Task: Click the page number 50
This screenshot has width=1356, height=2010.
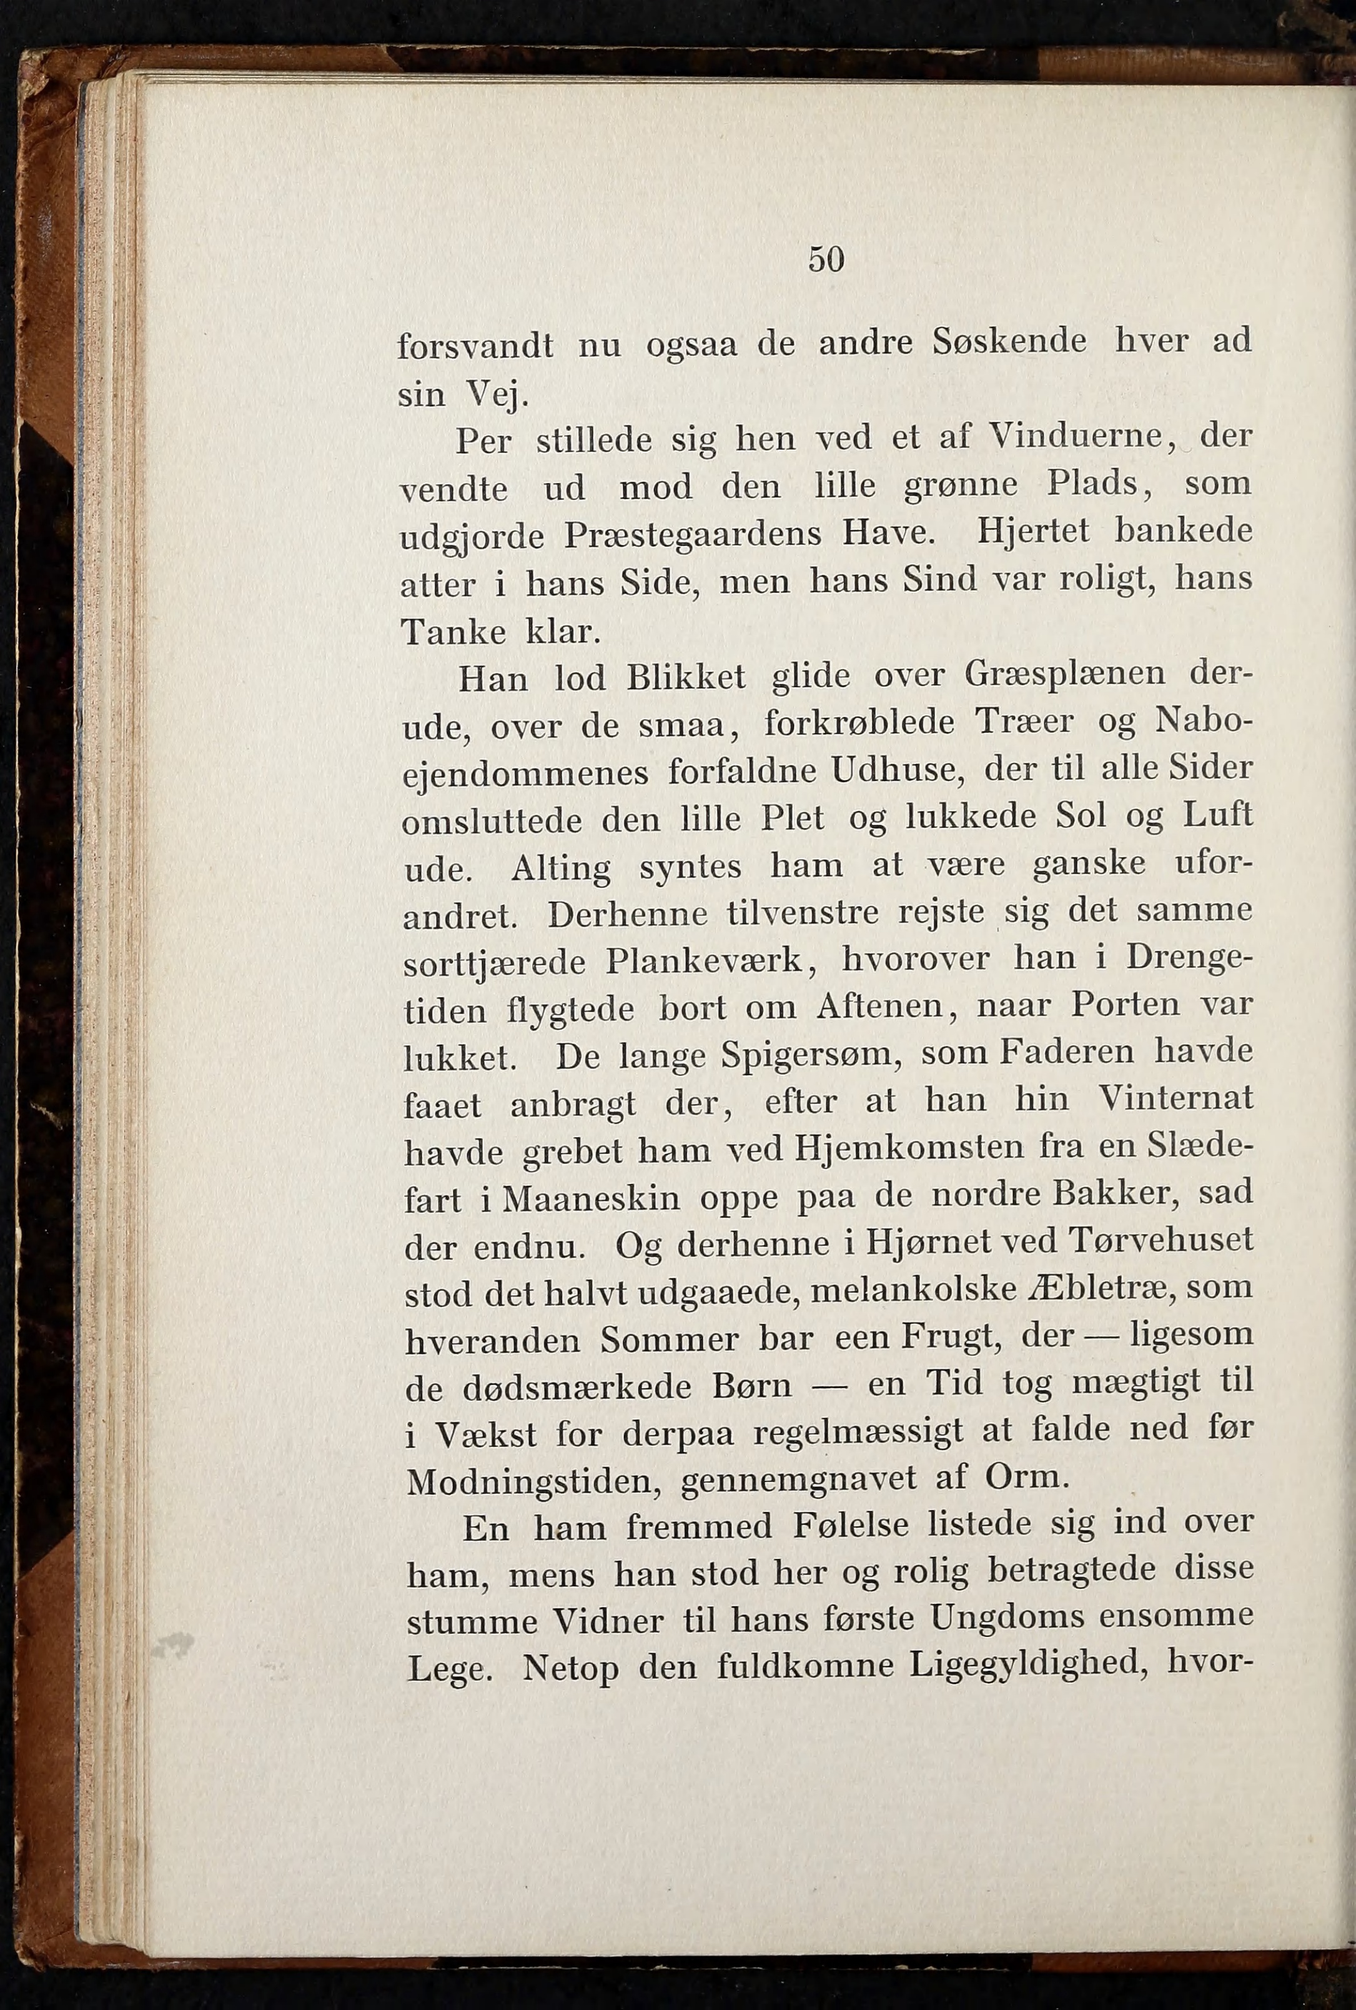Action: coord(826,259)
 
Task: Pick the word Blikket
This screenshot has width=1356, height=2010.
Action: coord(686,677)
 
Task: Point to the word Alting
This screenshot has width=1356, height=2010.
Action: coord(560,867)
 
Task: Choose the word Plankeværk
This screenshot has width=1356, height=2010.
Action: coord(709,961)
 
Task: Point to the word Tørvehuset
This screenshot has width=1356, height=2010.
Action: coord(1161,1240)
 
